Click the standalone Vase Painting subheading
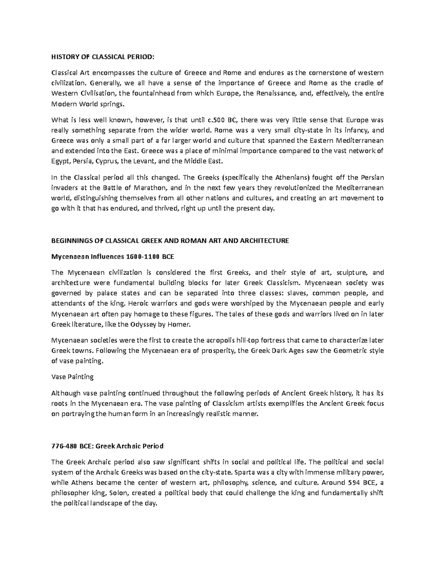coord(72,377)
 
